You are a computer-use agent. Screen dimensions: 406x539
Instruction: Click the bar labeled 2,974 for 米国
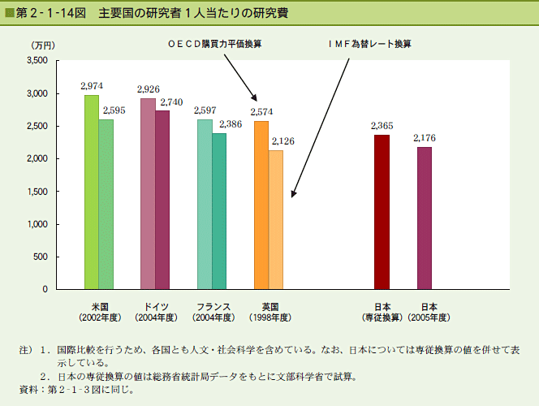(92, 192)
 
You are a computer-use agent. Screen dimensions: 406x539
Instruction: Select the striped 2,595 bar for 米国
(106, 205)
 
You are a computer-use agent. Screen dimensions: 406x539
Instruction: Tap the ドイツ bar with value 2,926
(148, 194)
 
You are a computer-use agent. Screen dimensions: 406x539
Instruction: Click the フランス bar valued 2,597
(205, 205)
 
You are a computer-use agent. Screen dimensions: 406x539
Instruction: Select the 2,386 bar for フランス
(219, 211)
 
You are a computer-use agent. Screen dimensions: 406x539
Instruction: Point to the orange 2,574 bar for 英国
(261, 205)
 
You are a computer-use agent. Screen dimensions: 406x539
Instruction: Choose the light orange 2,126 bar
(276, 220)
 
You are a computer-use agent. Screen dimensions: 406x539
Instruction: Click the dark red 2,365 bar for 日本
(382, 212)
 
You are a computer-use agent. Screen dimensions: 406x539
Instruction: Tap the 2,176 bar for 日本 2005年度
(425, 218)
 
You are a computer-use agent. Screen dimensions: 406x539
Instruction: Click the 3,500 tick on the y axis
(37, 61)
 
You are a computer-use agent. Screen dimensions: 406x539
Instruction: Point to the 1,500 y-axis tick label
(37, 192)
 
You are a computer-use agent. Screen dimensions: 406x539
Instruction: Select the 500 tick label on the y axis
(41, 257)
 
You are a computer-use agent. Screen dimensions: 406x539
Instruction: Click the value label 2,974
(92, 85)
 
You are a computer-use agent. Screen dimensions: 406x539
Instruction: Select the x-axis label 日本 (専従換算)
(382, 312)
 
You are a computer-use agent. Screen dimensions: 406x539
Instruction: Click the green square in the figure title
(9, 14)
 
